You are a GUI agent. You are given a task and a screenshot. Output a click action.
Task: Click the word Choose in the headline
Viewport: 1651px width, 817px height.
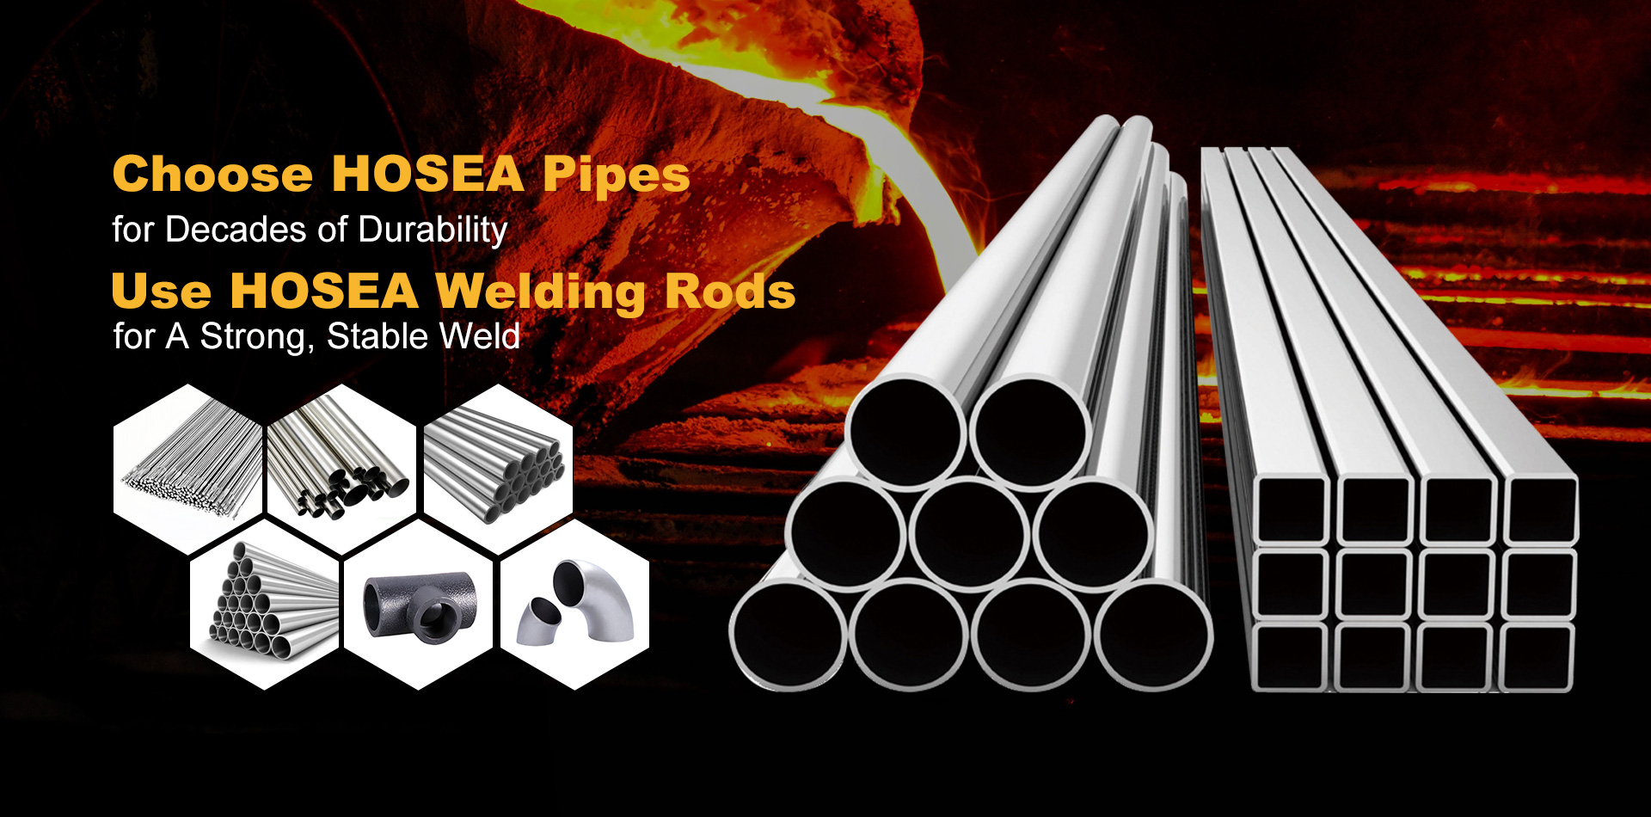pyautogui.click(x=212, y=174)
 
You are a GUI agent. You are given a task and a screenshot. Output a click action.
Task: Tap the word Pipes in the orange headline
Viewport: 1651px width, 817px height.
pyautogui.click(x=616, y=175)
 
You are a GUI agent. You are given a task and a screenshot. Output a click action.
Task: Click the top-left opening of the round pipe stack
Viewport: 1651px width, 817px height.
pyautogui.click(x=906, y=430)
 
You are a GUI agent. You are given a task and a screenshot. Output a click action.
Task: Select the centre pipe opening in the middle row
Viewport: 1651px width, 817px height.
pyautogui.click(x=969, y=533)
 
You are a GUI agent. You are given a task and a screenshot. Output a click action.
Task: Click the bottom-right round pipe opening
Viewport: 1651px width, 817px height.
pyautogui.click(x=1152, y=635)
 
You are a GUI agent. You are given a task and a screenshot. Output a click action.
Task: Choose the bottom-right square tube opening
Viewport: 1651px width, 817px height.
pyautogui.click(x=1537, y=657)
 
